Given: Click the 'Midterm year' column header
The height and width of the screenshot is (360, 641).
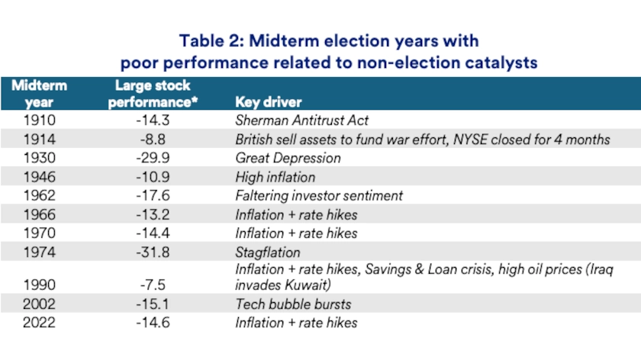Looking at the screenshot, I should pyautogui.click(x=40, y=94).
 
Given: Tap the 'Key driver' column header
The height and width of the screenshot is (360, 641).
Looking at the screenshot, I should pyautogui.click(x=269, y=102).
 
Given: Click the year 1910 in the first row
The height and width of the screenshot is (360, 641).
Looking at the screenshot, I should pyautogui.click(x=40, y=121).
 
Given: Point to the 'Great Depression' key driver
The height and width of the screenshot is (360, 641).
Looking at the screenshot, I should pyautogui.click(x=288, y=158).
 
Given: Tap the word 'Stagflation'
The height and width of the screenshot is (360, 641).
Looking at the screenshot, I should pyautogui.click(x=268, y=252).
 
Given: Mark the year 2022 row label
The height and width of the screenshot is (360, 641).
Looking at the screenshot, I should pyautogui.click(x=40, y=323).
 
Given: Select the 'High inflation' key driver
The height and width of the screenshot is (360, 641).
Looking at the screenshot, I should pyautogui.click(x=275, y=177).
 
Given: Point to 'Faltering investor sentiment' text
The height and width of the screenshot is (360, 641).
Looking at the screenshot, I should pyautogui.click(x=319, y=195).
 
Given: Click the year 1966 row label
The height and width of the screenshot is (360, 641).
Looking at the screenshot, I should pyautogui.click(x=40, y=214).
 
